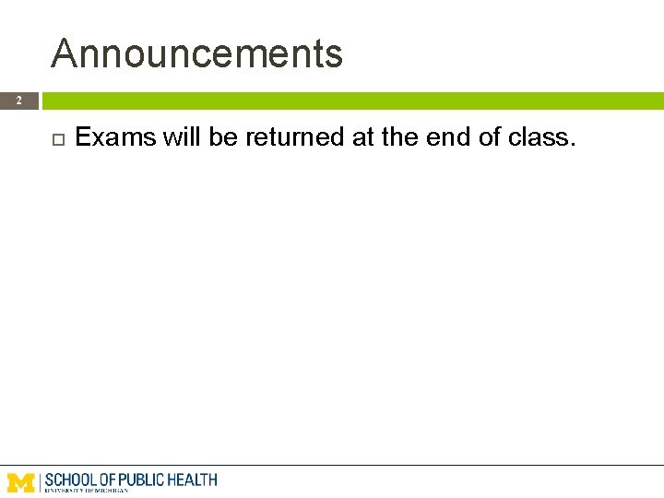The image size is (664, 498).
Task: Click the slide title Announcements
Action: [x=196, y=53]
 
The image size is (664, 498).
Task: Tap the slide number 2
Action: [x=18, y=100]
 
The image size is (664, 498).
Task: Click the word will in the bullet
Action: [x=182, y=138]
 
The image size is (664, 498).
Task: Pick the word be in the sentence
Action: [x=223, y=138]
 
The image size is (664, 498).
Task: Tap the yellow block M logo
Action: [x=21, y=482]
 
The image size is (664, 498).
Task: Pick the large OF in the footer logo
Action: [x=108, y=480]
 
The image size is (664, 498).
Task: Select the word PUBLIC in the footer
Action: [x=141, y=480]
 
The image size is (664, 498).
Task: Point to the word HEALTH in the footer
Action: [x=192, y=480]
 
